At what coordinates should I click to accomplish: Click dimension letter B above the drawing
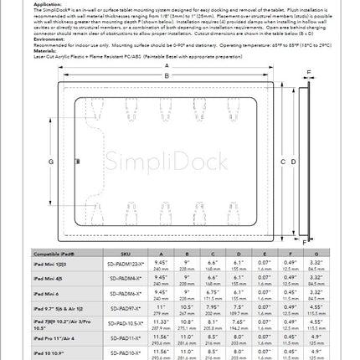pos(167,76)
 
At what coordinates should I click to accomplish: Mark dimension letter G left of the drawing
pos(51,161)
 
